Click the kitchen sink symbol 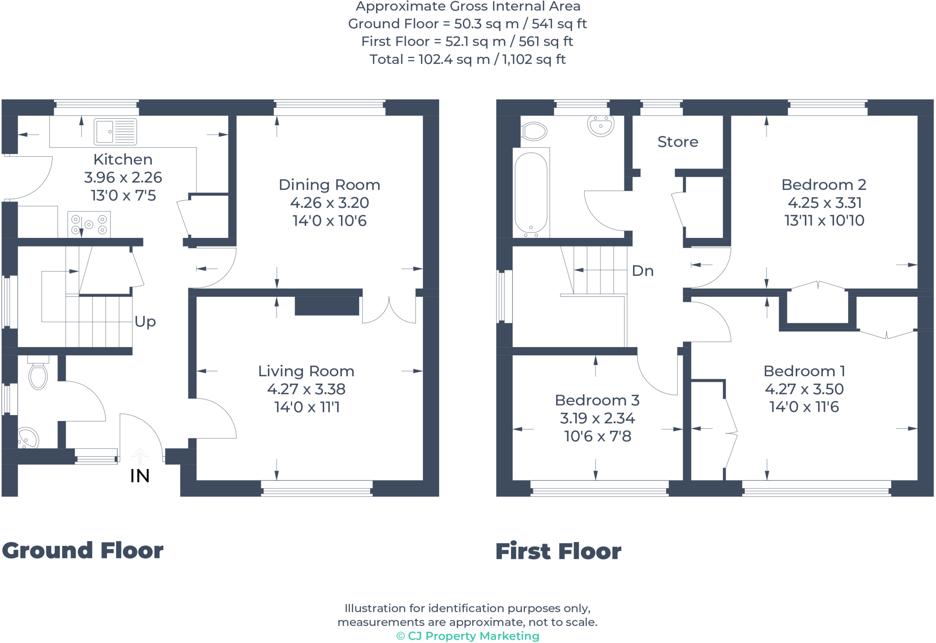point(115,132)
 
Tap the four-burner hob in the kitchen point(89,224)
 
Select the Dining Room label point(329,185)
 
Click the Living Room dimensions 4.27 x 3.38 point(306,389)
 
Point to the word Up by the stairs point(145,322)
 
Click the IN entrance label point(140,476)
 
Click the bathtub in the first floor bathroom point(531,193)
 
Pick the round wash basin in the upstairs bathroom point(601,126)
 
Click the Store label point(678,142)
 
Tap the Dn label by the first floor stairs point(643,271)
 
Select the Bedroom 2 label point(824,185)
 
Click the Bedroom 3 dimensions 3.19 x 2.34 point(597,418)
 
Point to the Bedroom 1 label point(804,371)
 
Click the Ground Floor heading point(83,550)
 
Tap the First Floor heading point(558,551)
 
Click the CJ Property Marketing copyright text point(468,636)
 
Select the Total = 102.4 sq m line point(468,59)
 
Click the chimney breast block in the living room point(327,306)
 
